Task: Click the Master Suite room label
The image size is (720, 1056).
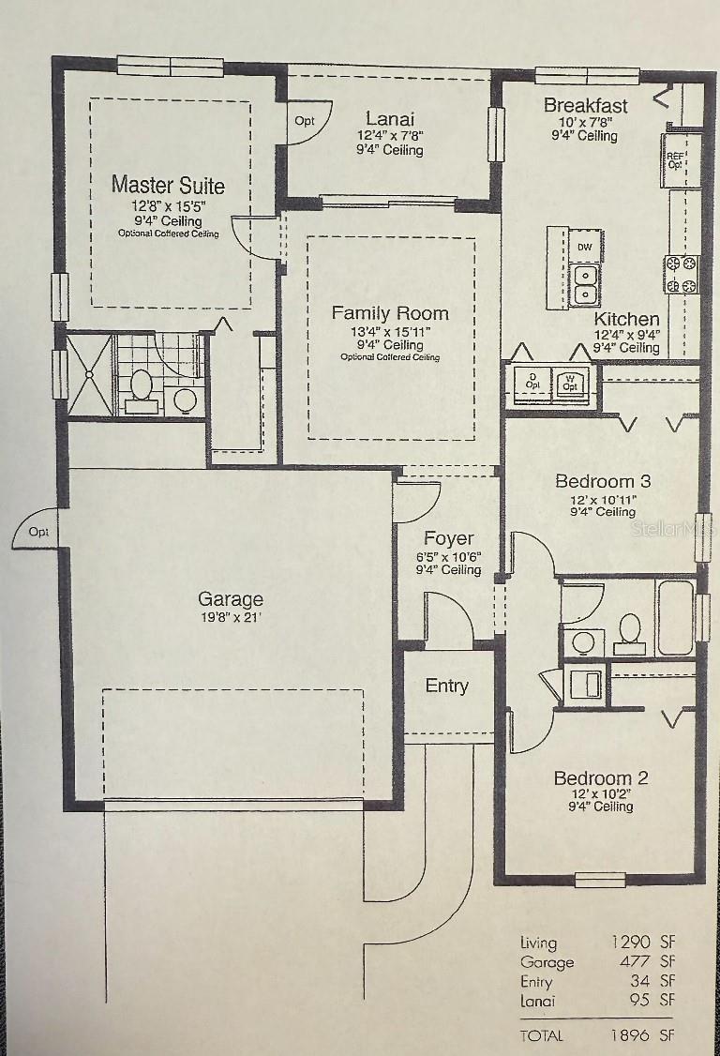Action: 168,185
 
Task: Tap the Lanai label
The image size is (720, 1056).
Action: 390,119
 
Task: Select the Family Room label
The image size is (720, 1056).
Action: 390,313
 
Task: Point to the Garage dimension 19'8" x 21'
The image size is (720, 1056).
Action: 231,617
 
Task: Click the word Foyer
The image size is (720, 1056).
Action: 448,538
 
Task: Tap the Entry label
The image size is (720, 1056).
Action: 446,686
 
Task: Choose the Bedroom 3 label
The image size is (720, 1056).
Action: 603,481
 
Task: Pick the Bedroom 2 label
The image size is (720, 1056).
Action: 601,777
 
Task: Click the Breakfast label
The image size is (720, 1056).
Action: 585,105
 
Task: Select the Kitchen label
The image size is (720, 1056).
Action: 626,319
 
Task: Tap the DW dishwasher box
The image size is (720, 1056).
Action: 585,247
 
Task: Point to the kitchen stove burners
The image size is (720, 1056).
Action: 682,275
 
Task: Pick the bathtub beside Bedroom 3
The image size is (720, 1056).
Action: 676,617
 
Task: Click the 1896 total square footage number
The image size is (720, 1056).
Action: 630,1035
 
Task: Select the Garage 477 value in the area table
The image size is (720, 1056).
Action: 635,961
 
